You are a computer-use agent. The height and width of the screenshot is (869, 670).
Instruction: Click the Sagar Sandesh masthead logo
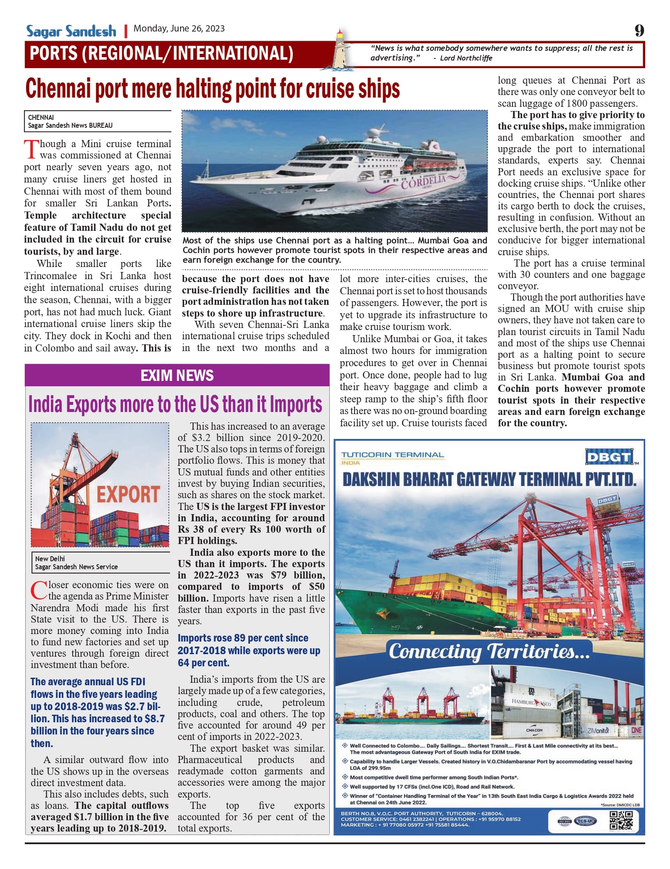(x=71, y=31)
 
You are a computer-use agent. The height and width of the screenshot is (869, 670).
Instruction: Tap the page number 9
(x=639, y=30)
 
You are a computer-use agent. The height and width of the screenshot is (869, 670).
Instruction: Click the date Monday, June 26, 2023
(x=179, y=29)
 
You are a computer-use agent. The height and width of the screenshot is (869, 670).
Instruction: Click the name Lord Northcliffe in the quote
(x=466, y=58)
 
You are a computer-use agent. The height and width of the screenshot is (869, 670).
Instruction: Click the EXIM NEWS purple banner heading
(x=177, y=375)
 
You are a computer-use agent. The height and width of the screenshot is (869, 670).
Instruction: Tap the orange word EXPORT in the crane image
(x=128, y=494)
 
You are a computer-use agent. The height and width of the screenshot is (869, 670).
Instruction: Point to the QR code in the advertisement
(x=621, y=820)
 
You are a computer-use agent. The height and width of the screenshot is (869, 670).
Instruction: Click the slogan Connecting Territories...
(x=489, y=651)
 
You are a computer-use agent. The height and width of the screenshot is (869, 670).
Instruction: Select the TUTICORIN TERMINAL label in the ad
(x=392, y=455)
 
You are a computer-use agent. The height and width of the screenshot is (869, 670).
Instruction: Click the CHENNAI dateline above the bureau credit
(x=41, y=117)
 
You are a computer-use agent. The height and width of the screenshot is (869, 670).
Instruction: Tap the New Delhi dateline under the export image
(x=50, y=559)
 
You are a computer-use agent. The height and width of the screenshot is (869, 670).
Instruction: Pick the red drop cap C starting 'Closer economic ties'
(x=39, y=590)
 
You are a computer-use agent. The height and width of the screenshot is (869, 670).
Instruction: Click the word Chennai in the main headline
(x=58, y=89)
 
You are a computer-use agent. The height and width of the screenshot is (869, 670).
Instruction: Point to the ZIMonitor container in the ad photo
(x=598, y=731)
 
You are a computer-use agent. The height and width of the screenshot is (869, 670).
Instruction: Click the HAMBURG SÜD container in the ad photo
(x=531, y=702)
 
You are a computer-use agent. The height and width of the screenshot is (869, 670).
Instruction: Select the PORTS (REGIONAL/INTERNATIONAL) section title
(x=161, y=54)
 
